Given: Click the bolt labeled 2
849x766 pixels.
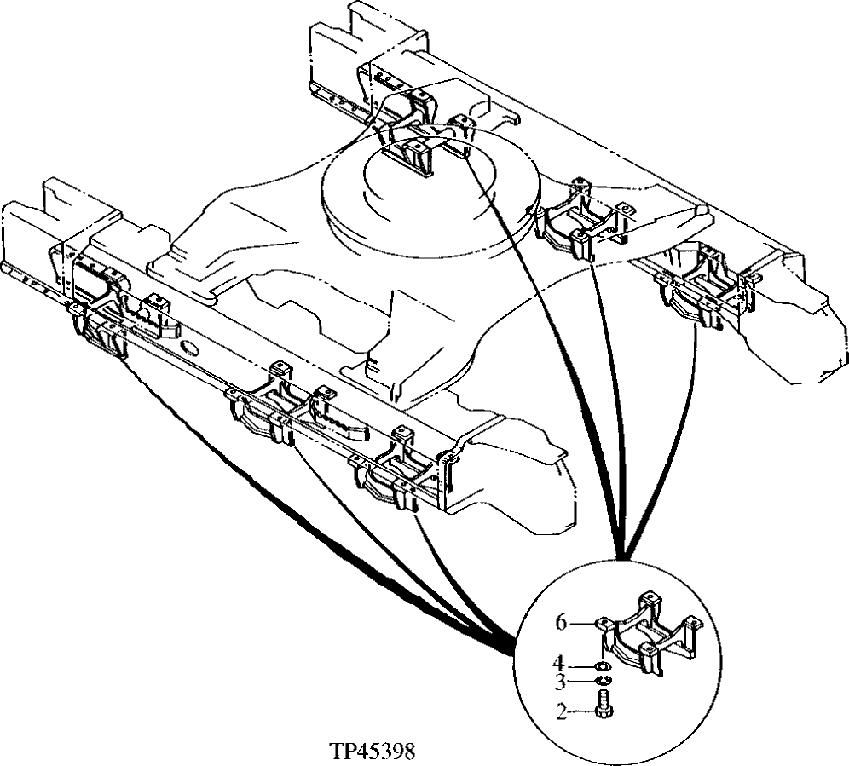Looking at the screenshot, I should pyautogui.click(x=604, y=707).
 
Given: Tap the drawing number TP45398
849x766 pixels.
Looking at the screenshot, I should pyautogui.click(x=372, y=752).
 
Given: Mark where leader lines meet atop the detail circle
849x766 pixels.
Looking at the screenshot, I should pyautogui.click(x=622, y=554).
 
